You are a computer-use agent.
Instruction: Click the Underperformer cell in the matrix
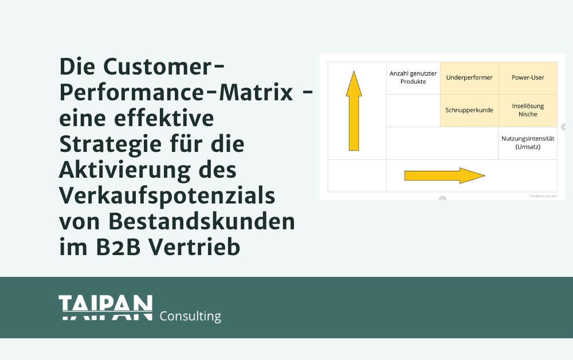(469, 78)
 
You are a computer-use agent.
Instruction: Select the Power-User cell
(528, 78)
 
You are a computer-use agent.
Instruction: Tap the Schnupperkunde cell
(469, 111)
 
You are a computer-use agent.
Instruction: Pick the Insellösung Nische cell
(528, 111)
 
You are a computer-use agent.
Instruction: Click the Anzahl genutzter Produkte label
(413, 77)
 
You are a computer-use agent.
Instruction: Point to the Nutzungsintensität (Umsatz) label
(528, 143)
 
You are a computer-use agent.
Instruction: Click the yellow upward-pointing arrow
(354, 111)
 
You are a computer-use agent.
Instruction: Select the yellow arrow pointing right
(445, 175)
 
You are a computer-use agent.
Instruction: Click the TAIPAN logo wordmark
(105, 308)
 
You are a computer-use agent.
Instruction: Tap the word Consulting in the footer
(190, 316)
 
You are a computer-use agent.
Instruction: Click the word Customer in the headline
(158, 67)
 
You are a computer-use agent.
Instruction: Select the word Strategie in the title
(111, 144)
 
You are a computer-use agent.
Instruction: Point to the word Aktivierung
(124, 170)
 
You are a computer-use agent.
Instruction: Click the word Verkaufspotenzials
(167, 196)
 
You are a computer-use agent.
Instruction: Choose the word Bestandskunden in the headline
(202, 221)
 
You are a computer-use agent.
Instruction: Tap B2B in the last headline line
(119, 248)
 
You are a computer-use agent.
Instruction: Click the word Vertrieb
(194, 248)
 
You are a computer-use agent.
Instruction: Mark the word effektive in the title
(164, 119)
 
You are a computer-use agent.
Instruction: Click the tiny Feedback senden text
(543, 196)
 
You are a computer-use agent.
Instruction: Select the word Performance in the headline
(132, 93)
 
